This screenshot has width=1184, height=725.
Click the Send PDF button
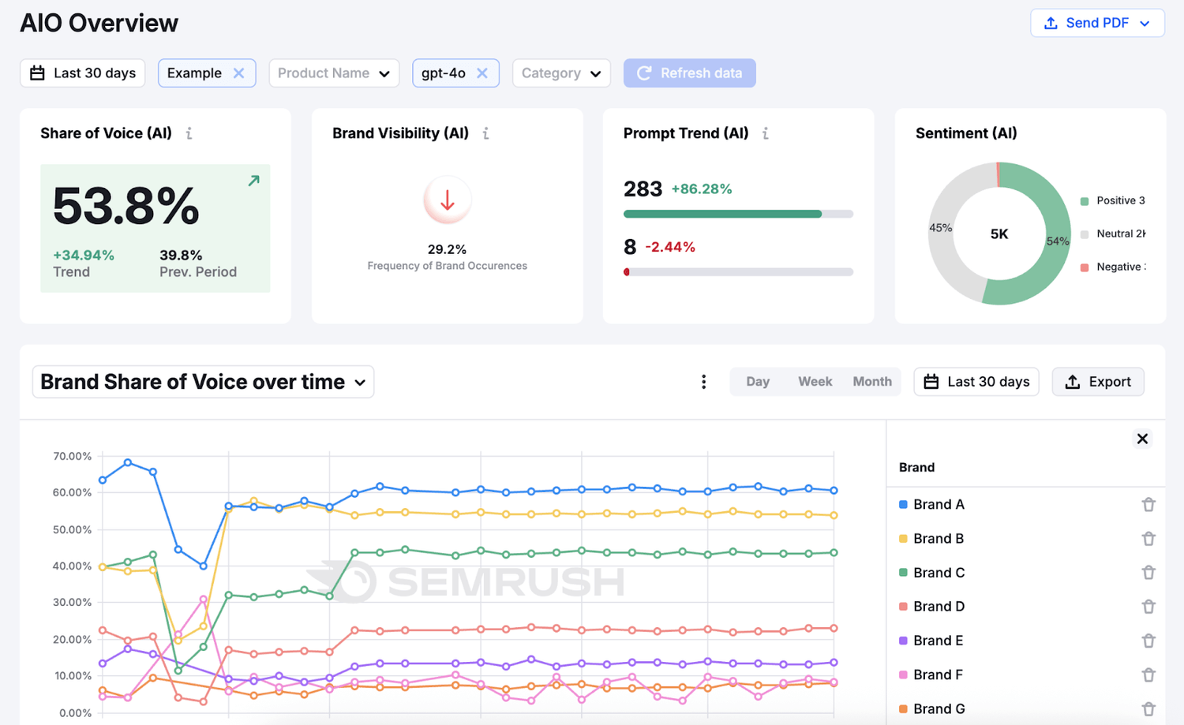pyautogui.click(x=1097, y=23)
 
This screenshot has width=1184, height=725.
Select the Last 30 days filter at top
pyautogui.click(x=83, y=73)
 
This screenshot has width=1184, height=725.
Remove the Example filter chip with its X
pyautogui.click(x=238, y=73)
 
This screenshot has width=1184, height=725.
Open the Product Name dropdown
pyautogui.click(x=334, y=73)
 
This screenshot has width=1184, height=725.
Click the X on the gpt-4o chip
pyautogui.click(x=482, y=73)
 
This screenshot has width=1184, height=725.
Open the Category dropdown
pyautogui.click(x=561, y=73)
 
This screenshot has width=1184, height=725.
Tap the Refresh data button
pyautogui.click(x=689, y=73)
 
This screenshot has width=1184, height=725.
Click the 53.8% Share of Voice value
pyautogui.click(x=126, y=206)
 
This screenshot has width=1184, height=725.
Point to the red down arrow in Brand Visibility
pyautogui.click(x=448, y=200)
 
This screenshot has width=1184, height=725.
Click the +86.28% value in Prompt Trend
pyautogui.click(x=702, y=189)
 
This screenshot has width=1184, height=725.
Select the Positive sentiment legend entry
pyautogui.click(x=1113, y=201)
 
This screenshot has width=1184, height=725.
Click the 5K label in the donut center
pyautogui.click(x=999, y=234)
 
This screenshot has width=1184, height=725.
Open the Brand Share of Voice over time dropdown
pyautogui.click(x=203, y=382)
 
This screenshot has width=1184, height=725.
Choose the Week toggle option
pyautogui.click(x=815, y=382)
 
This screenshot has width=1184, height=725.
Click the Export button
pyautogui.click(x=1098, y=382)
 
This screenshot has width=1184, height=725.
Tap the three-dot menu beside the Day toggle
pyautogui.click(x=703, y=382)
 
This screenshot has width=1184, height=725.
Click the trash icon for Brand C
pyautogui.click(x=1148, y=573)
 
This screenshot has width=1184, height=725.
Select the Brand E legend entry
pyautogui.click(x=938, y=641)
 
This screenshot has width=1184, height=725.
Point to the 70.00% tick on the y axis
pyautogui.click(x=72, y=456)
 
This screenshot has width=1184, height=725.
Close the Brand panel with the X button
pyautogui.click(x=1142, y=439)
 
